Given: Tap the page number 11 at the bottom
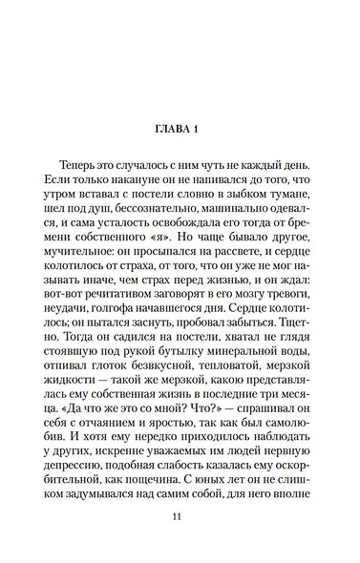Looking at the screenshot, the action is click(179, 544).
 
